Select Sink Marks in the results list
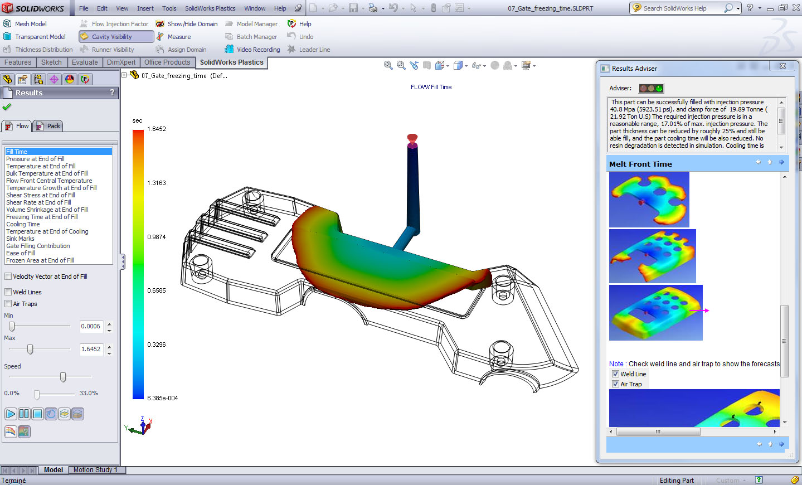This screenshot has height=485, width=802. [20, 239]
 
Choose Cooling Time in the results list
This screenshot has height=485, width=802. [23, 224]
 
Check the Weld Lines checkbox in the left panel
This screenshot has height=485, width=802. [8, 292]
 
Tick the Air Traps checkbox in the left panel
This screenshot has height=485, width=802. [8, 304]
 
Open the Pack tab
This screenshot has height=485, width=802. [48, 126]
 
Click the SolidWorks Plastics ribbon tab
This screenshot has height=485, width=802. [231, 62]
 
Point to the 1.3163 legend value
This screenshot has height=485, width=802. [157, 183]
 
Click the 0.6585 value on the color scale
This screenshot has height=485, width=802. [157, 290]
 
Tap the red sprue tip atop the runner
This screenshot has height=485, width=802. [412, 138]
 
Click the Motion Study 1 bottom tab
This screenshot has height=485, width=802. [95, 470]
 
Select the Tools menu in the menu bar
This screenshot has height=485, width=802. [169, 8]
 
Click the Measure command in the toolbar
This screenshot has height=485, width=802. [179, 37]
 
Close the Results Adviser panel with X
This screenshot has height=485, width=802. [782, 66]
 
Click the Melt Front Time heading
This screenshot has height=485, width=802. [640, 164]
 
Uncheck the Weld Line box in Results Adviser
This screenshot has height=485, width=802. [615, 374]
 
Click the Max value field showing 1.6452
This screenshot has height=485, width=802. [91, 349]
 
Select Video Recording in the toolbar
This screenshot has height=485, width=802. [258, 50]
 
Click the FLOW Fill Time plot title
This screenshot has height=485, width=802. [431, 87]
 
